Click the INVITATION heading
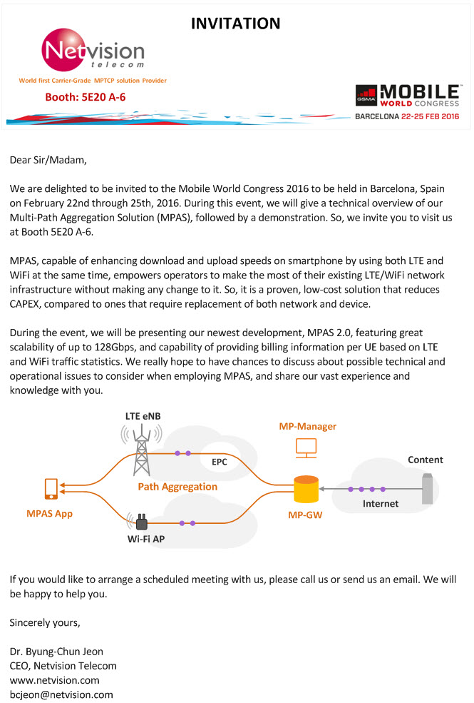(235, 24)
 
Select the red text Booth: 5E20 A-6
(85, 97)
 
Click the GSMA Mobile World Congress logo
(407, 96)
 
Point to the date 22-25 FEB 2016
(430, 116)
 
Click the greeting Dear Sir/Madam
(48, 160)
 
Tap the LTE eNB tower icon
(141, 450)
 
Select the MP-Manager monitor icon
(306, 448)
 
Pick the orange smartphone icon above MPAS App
(51, 489)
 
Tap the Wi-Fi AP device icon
(140, 522)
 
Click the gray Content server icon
(428, 488)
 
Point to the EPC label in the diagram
(220, 462)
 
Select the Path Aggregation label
(177, 487)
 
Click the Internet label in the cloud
(381, 503)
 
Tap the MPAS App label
(50, 514)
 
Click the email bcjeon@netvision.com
(61, 694)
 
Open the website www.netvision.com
(55, 680)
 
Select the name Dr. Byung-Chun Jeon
(56, 652)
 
